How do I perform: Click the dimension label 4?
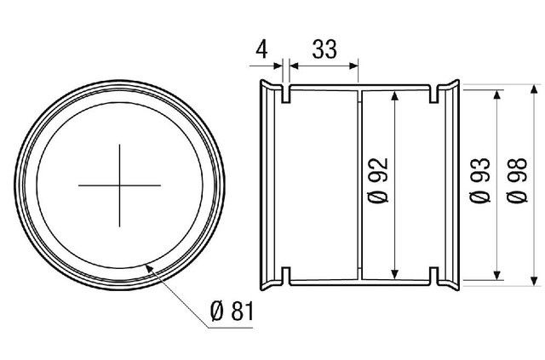pyautogui.click(x=261, y=49)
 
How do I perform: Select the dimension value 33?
pyautogui.click(x=324, y=49)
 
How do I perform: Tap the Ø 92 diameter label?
pyautogui.click(x=378, y=180)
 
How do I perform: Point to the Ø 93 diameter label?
pyautogui.click(x=480, y=180)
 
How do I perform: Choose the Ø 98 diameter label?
pyautogui.click(x=517, y=180)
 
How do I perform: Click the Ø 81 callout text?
pyautogui.click(x=232, y=311)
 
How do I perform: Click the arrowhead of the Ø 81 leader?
pyautogui.click(x=149, y=268)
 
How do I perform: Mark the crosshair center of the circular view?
pyautogui.click(x=119, y=186)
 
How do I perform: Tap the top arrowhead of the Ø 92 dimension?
pyautogui.click(x=394, y=95)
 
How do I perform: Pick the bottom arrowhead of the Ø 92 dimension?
pyautogui.click(x=394, y=275)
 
